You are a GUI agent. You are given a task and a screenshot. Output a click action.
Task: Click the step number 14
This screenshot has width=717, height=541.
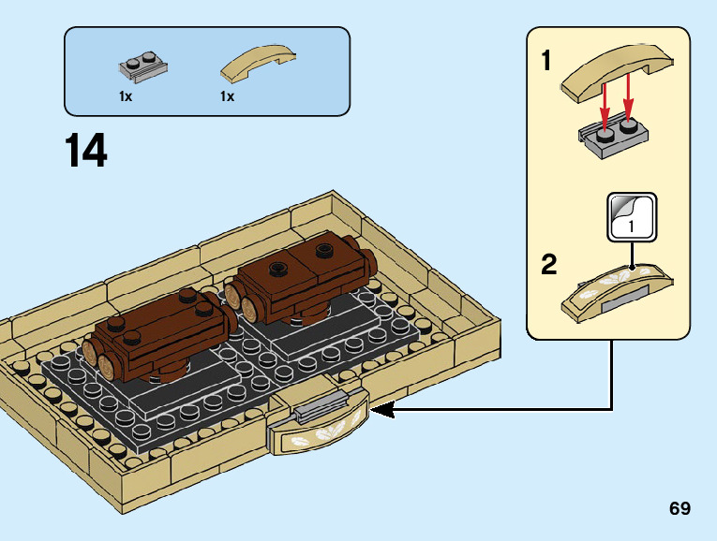(x=86, y=150)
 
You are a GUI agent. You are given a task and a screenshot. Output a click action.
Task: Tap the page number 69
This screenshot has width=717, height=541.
(x=680, y=508)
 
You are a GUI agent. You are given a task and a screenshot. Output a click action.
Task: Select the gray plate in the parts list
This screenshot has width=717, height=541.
(x=143, y=66)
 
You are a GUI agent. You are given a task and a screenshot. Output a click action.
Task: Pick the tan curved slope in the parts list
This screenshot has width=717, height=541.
(x=259, y=63)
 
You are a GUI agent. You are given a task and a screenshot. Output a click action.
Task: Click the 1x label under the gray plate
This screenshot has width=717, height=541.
(x=126, y=96)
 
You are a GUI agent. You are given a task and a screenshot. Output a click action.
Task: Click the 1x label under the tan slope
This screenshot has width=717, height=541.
(x=227, y=96)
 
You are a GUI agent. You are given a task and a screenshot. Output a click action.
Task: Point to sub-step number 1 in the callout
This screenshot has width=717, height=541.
(x=546, y=60)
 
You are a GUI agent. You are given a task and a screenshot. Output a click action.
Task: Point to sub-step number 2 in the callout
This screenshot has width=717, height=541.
(x=549, y=264)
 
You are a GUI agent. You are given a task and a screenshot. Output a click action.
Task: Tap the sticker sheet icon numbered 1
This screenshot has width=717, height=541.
(x=632, y=217)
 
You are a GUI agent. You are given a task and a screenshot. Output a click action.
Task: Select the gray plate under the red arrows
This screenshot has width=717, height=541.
(x=613, y=137)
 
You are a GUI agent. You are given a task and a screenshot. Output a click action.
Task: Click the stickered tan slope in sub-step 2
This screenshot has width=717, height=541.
(x=618, y=292)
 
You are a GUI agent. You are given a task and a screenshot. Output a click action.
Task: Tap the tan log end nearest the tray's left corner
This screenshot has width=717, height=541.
(x=90, y=353)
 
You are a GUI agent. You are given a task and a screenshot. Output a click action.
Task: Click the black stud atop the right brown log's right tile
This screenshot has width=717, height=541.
(x=323, y=249)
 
